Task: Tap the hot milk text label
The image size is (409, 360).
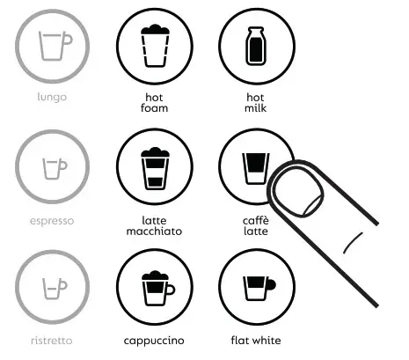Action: pos(254,103)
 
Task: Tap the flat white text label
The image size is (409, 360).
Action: pos(254,340)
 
